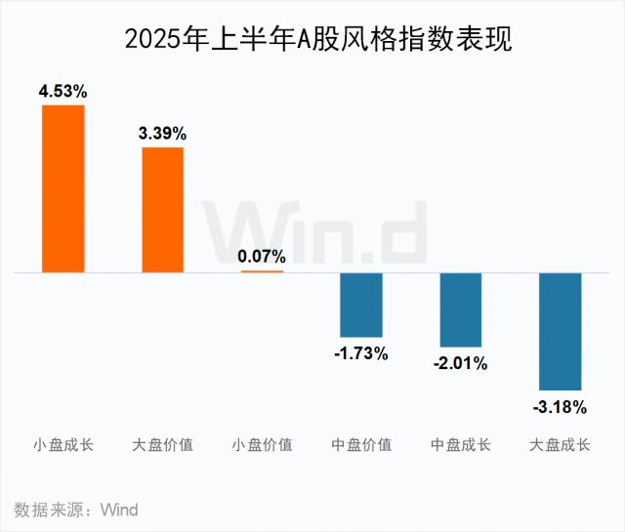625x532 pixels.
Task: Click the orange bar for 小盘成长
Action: point(63,188)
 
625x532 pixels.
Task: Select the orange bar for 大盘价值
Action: point(162,209)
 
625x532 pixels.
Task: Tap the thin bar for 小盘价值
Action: point(262,271)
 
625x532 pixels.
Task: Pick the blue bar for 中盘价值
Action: point(361,305)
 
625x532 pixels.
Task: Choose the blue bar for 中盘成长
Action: point(461,309)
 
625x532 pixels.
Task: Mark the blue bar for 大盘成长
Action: point(561,332)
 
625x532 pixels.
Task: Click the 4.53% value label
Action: point(63,92)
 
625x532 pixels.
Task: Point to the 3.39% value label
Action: point(162,134)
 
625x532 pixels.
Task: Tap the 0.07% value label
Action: point(262,257)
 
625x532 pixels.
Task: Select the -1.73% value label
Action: point(361,353)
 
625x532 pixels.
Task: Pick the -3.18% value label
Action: point(561,406)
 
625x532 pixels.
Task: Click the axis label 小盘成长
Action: point(63,445)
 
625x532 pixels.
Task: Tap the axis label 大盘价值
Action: point(162,445)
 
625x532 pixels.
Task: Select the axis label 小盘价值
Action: point(262,445)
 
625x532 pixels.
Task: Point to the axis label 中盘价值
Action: point(361,445)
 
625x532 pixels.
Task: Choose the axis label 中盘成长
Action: point(461,445)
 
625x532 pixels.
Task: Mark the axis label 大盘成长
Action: point(561,445)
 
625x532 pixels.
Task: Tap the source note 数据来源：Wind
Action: point(76,510)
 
